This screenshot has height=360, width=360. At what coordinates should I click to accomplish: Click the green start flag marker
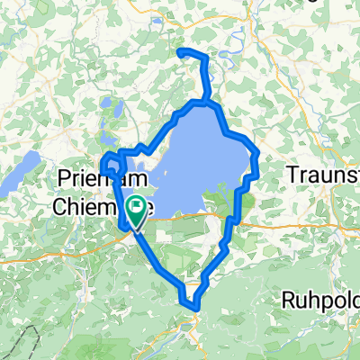tap(137, 211)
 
